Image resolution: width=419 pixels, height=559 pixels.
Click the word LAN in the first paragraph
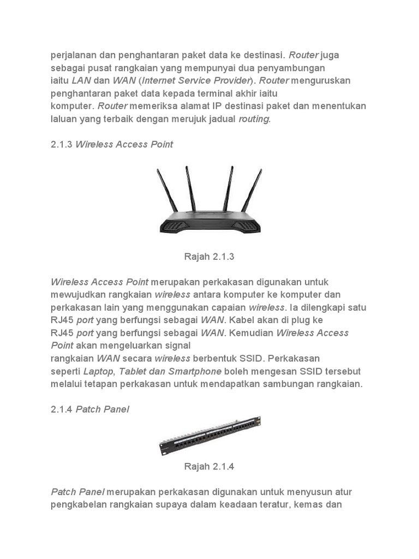click(81, 81)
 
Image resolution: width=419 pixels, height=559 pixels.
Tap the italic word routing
click(254, 119)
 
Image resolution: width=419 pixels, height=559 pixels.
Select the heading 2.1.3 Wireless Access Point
click(112, 144)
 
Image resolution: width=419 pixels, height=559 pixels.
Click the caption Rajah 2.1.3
click(209, 256)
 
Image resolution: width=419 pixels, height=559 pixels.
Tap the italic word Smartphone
click(194, 371)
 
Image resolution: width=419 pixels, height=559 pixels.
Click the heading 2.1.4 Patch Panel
click(90, 409)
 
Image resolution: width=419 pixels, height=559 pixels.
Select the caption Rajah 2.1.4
click(209, 466)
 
